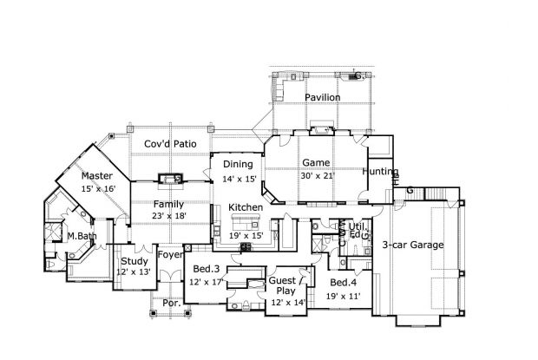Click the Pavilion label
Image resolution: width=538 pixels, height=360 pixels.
pyautogui.click(x=322, y=98)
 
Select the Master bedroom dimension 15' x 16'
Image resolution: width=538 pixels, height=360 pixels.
pyautogui.click(x=97, y=188)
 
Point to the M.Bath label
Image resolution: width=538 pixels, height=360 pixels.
pyautogui.click(x=82, y=236)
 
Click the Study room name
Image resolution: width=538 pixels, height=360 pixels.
pyautogui.click(x=134, y=261)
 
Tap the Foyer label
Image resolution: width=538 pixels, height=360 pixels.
pyautogui.click(x=169, y=254)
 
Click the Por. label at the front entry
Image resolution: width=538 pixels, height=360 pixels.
pyautogui.click(x=171, y=303)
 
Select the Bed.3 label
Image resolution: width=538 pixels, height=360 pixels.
pyautogui.click(x=206, y=269)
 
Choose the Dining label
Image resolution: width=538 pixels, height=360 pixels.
pyautogui.click(x=238, y=165)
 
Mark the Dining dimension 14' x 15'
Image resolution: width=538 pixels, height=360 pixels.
pyautogui.click(x=239, y=179)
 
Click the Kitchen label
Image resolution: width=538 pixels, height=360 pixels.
pyautogui.click(x=246, y=208)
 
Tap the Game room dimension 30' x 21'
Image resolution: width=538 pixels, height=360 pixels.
pyautogui.click(x=312, y=175)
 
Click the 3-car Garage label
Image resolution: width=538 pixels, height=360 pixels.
pyautogui.click(x=413, y=245)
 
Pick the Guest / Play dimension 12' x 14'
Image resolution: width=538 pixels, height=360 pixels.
pyautogui.click(x=289, y=302)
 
